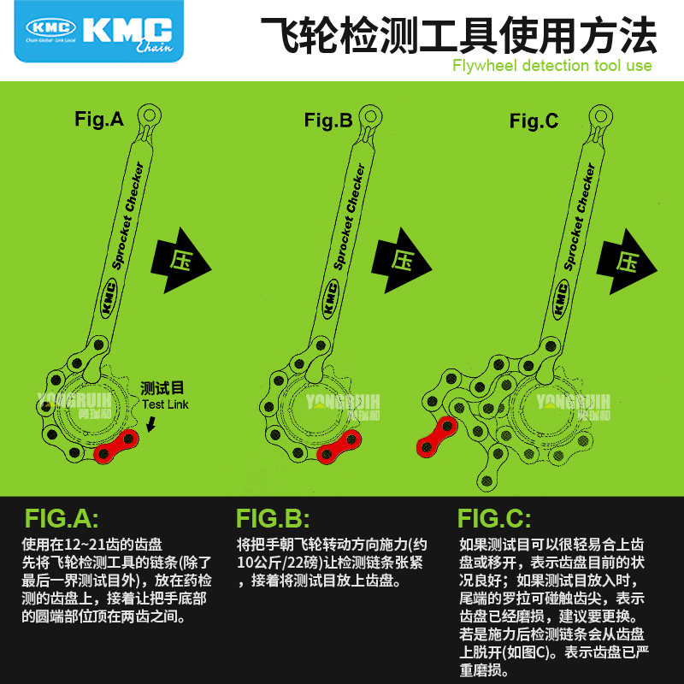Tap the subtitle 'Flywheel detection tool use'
[x=552, y=66]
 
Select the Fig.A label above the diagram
[x=99, y=120]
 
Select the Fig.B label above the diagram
[x=328, y=121]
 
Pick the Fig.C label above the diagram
[x=534, y=121]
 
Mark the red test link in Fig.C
[x=435, y=434]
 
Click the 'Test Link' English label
[x=166, y=404]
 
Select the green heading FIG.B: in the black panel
[x=273, y=519]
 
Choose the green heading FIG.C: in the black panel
[x=494, y=519]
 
